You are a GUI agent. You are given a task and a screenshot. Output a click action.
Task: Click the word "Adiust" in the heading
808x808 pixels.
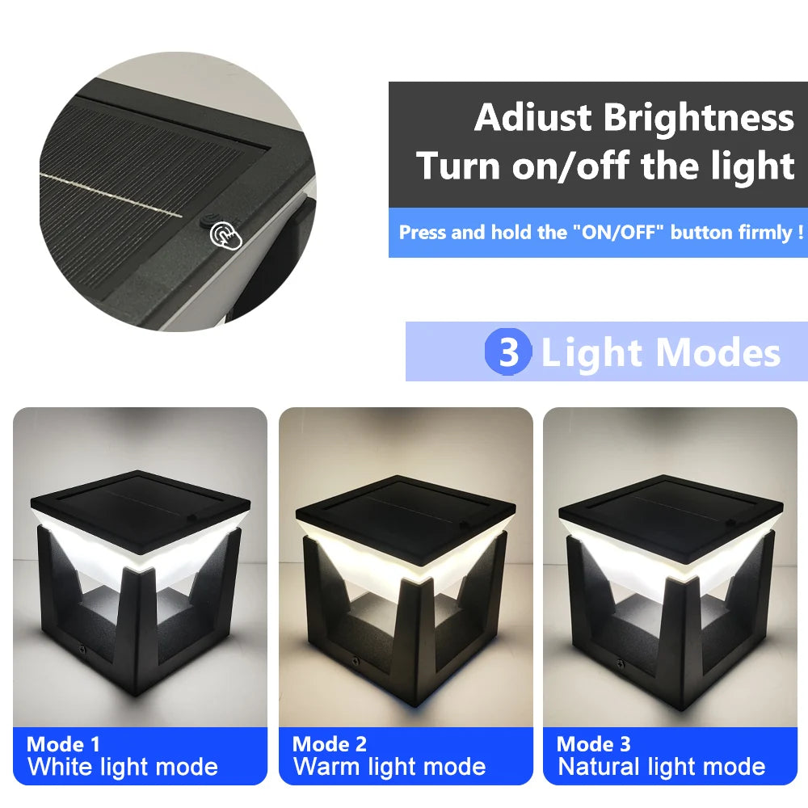(532, 118)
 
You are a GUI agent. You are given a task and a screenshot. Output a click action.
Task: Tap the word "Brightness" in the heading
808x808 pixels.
(699, 118)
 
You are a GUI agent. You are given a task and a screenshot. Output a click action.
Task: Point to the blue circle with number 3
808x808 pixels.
(508, 353)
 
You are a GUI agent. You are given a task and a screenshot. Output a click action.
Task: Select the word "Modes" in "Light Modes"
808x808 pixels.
(718, 353)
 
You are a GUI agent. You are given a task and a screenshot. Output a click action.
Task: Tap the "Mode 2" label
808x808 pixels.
(330, 744)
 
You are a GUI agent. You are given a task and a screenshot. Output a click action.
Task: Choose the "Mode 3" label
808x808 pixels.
(594, 744)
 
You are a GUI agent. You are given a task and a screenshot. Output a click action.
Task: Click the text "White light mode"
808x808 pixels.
(123, 767)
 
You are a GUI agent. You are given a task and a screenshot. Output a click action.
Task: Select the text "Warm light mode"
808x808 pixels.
(389, 767)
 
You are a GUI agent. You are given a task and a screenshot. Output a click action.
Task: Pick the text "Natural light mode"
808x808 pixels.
(661, 767)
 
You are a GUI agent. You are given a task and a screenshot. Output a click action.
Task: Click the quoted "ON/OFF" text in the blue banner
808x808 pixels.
(617, 233)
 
